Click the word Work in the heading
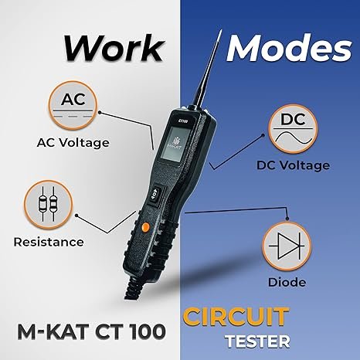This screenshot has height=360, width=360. [x=114, y=48]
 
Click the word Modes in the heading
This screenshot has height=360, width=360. [x=289, y=48]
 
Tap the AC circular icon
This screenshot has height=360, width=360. [x=73, y=105]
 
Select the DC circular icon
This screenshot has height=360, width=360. [x=293, y=129]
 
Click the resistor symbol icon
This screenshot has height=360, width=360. [x=49, y=205]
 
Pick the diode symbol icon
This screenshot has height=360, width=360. [x=287, y=246]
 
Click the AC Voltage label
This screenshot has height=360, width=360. [x=73, y=143]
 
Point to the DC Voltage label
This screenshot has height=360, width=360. [x=293, y=165]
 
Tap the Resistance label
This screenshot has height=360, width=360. [x=49, y=242]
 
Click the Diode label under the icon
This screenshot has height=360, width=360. [x=287, y=282]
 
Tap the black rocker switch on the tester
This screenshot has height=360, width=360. [x=155, y=195]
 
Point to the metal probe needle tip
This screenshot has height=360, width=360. [x=220, y=31]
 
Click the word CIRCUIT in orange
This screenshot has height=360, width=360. [x=236, y=317]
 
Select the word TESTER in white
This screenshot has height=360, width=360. [x=257, y=341]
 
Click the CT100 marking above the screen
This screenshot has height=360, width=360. [x=183, y=120]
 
